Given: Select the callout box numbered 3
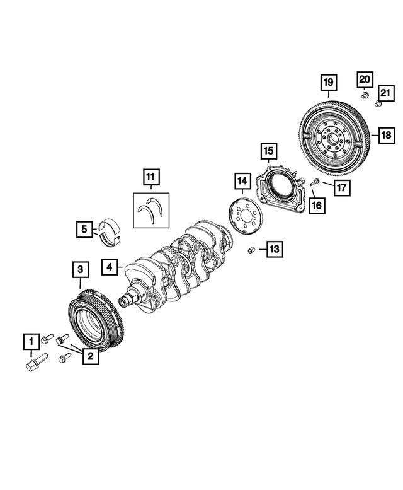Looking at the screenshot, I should coord(79,271).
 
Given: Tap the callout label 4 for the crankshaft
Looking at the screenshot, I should coord(110,267).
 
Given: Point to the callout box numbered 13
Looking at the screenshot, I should coord(274,249).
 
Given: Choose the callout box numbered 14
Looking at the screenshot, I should coord(241,182).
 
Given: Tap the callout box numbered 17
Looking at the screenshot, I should coord(341,187).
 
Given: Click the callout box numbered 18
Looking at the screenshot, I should coord(385,134).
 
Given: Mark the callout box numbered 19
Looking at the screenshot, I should coord(328,83).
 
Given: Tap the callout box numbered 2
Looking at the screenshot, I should coord(90,356).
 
